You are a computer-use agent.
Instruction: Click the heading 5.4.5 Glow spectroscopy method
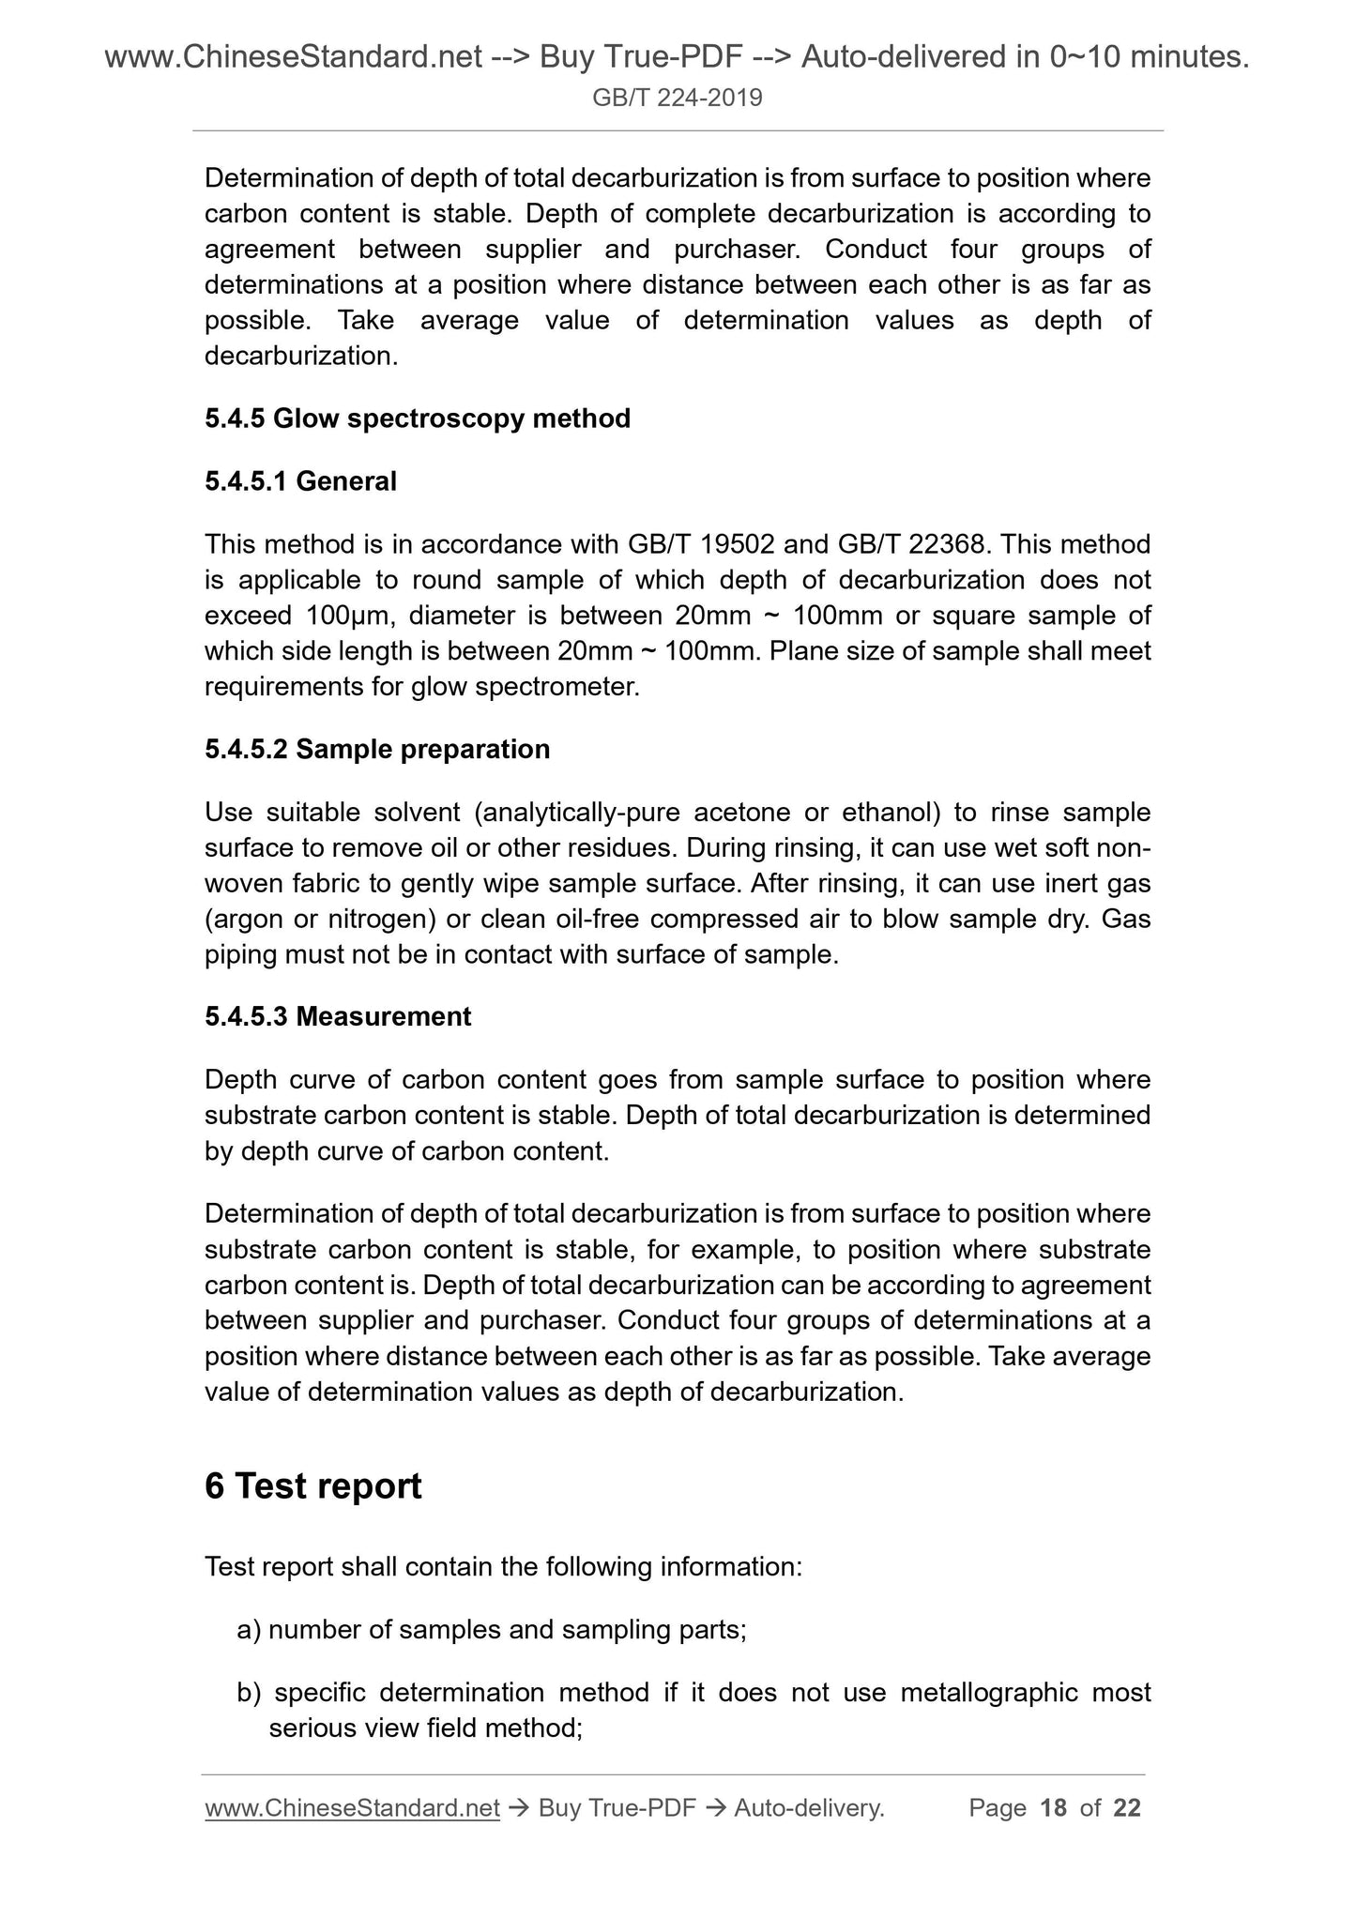click(418, 419)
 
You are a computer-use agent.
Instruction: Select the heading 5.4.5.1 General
click(300, 481)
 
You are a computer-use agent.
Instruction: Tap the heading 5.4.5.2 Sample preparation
click(377, 750)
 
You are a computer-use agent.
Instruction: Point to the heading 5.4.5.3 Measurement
click(338, 1017)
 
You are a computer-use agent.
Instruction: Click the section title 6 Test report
click(313, 1486)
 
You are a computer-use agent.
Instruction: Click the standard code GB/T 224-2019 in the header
click(678, 97)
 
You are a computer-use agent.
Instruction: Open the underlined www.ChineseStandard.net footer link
click(352, 1808)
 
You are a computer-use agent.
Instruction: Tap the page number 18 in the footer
click(1054, 1808)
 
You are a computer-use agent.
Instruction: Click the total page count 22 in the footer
click(1127, 1808)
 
